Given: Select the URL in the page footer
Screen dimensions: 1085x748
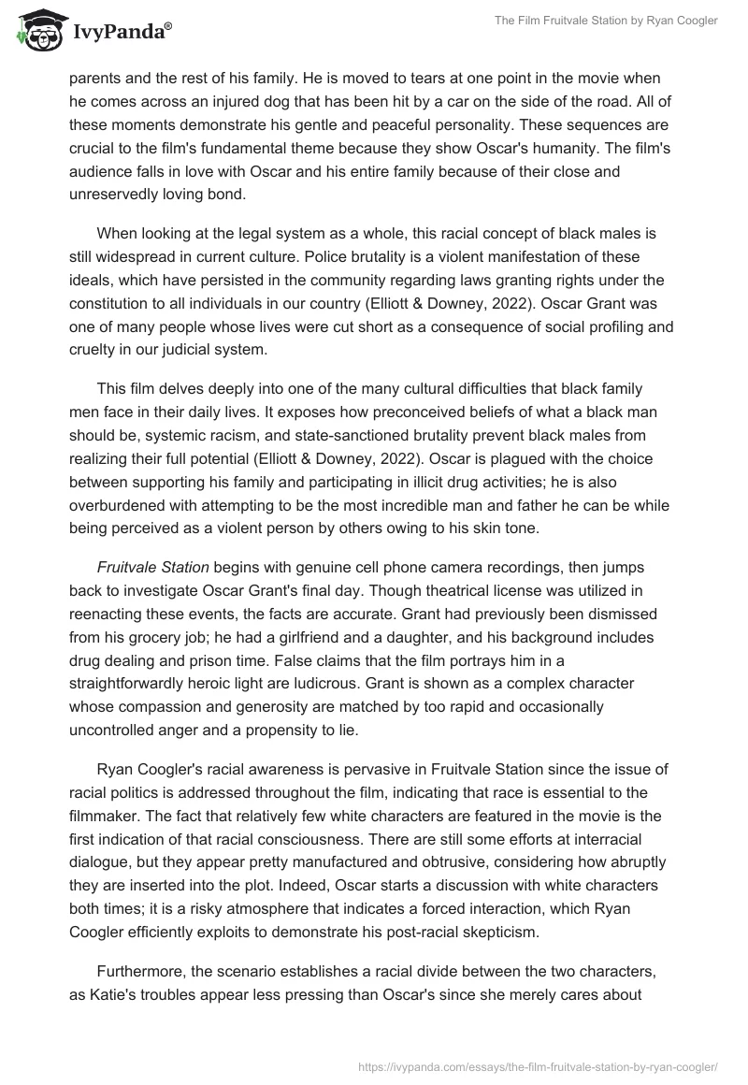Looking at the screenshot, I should [x=539, y=1065].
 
